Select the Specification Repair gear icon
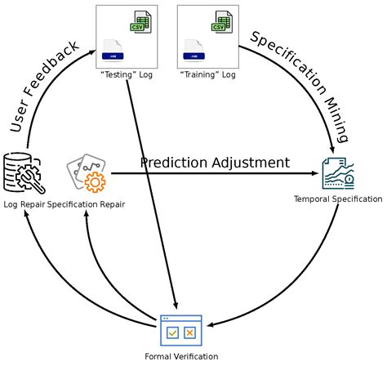pyautogui.click(x=87, y=173)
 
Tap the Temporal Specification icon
pyautogui.click(x=338, y=173)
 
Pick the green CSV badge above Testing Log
pyautogui.click(x=140, y=24)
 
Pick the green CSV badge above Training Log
pyautogui.click(x=220, y=24)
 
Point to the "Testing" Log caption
pyautogui.click(x=127, y=75)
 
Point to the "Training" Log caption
pyautogui.click(x=207, y=75)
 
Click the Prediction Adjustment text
pyautogui.click(x=215, y=163)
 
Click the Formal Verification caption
pyautogui.click(x=181, y=356)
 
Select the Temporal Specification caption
pyautogui.click(x=338, y=199)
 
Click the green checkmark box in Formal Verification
pyautogui.click(x=172, y=333)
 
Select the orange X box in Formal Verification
pyautogui.click(x=189, y=333)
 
